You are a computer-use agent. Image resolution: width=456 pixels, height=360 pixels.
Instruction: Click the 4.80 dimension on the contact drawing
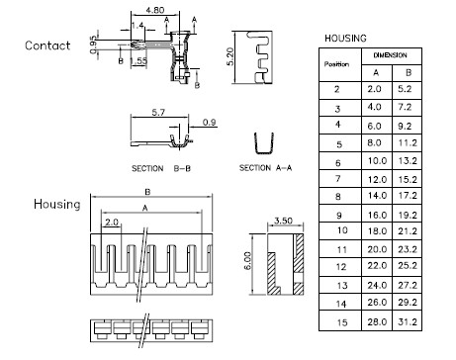155,10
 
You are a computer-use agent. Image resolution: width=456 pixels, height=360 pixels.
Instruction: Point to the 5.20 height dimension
230,56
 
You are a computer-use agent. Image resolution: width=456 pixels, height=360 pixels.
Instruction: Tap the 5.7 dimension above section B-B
158,113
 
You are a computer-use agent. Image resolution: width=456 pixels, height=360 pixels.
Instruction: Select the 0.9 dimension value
209,123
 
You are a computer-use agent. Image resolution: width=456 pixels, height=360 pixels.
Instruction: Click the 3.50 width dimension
283,221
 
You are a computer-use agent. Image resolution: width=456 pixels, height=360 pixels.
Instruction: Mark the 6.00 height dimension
247,261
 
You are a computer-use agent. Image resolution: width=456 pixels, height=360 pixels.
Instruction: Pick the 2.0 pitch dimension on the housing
112,223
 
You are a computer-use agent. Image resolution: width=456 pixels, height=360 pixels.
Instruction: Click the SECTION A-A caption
265,168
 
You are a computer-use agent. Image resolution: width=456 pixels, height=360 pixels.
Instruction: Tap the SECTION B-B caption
161,168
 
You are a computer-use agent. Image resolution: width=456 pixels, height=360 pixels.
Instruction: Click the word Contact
47,45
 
